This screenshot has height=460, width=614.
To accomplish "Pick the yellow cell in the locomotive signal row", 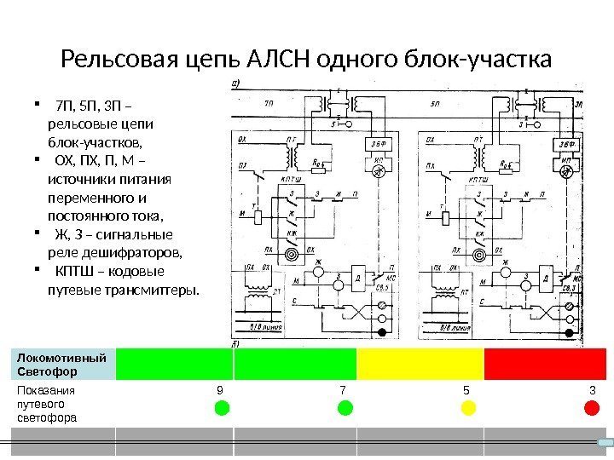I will coord(420,363).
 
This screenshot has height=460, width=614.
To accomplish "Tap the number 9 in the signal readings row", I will coord(220,390).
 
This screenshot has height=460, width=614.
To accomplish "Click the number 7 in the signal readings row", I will coord(343,390).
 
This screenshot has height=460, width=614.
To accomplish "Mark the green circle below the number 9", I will coord(221,408).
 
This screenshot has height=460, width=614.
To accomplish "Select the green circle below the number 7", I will coord(345,408).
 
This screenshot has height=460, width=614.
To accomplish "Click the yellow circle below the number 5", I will coord(467,408).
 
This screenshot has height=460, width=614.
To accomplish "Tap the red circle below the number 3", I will coord(591,408).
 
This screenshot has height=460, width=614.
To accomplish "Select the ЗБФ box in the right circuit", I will coord(565,144).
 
